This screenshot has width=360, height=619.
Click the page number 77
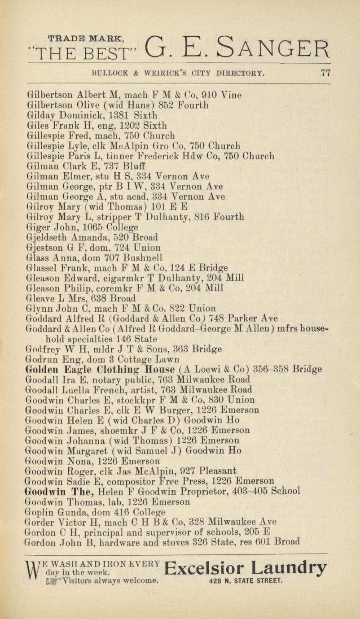(x=325, y=74)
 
